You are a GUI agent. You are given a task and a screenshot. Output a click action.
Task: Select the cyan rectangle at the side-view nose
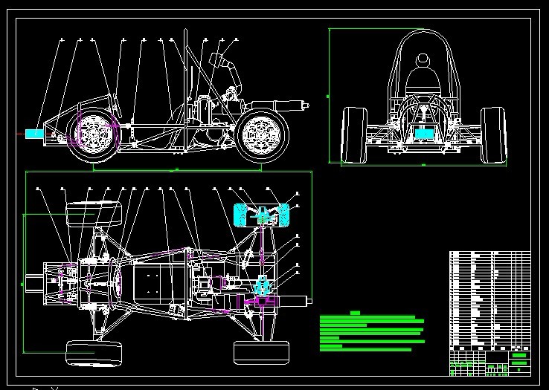34,134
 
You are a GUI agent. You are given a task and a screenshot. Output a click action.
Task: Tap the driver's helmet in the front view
423,59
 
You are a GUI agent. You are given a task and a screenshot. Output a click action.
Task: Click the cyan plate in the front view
423,134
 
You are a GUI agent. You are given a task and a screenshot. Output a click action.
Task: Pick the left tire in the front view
353,134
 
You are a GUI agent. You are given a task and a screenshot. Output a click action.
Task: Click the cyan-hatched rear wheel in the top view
262,215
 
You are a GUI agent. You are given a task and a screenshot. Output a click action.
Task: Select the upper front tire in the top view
94,215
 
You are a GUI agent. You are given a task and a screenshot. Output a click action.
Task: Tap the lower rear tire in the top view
261,352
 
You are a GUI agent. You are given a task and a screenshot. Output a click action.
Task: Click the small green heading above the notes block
355,313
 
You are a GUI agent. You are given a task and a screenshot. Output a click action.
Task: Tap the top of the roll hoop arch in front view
423,30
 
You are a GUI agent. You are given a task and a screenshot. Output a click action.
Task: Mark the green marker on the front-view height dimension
328,96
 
